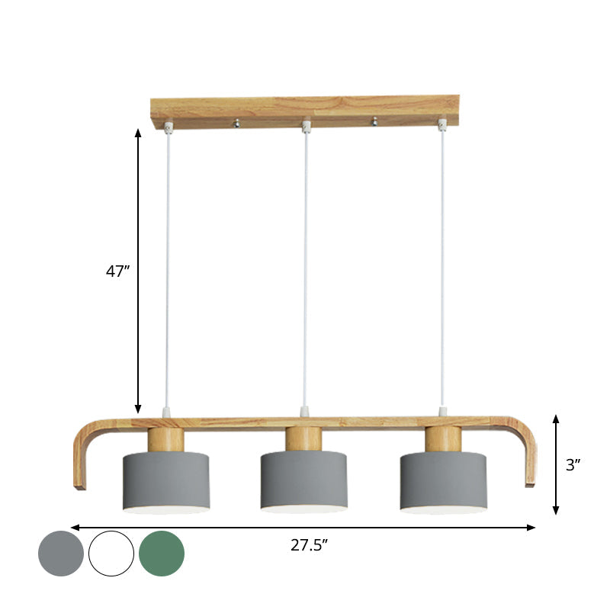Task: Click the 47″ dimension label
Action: pos(118,271)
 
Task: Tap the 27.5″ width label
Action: pos(309,544)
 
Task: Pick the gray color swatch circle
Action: pos(61,553)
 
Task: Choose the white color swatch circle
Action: pos(111,553)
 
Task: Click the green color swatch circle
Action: pos(162,553)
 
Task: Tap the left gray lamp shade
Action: pos(166,480)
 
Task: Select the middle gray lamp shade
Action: pos(304,480)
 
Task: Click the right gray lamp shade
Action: pos(443,480)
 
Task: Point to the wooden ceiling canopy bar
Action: pos(305,111)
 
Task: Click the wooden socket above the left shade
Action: pos(165,439)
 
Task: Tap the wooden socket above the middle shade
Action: pos(304,439)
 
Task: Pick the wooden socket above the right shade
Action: pos(443,439)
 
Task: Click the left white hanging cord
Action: pos(167,267)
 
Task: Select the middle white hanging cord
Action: pos(306,267)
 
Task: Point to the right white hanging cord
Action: pos(441,267)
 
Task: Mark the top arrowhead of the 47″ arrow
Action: pos(138,133)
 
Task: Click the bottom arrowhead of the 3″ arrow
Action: pos(557,510)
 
